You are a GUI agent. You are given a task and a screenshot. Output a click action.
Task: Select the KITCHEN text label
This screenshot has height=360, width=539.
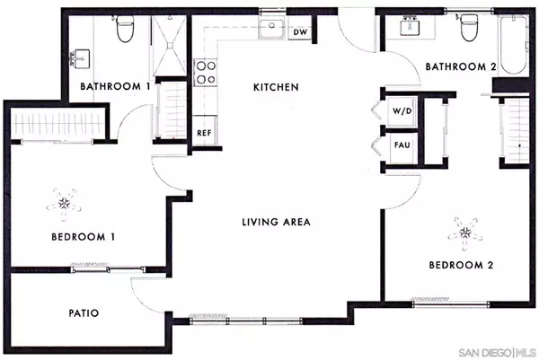coord(275,87)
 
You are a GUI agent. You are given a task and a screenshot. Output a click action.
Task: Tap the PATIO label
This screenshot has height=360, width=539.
coord(83,313)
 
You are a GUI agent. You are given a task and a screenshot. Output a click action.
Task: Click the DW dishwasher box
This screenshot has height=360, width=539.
coord(301,32)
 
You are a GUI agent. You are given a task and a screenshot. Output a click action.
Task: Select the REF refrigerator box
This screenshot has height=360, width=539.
coord(204,132)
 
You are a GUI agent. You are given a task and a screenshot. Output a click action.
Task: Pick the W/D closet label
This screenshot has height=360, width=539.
coord(400,112)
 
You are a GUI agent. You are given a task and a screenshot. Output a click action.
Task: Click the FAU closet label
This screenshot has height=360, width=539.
coord(401,145)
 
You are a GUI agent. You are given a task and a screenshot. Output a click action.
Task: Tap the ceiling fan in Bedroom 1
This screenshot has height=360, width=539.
coord(64,203)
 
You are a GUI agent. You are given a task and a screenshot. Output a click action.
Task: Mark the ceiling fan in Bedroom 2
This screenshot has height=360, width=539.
coord(465,232)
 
